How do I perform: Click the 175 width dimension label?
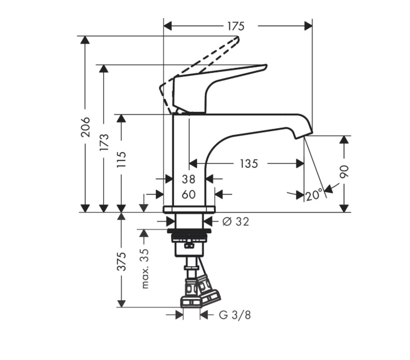coord(235,26)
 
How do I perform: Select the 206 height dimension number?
coord(85,127)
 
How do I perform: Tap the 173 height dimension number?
coord(104,142)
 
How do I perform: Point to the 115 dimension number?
coord(121,159)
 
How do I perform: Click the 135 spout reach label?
coord(249,164)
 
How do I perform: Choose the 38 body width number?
coord(189,179)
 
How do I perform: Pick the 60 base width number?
coord(189,194)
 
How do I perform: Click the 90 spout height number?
coord(344,171)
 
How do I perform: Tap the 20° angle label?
coord(314,194)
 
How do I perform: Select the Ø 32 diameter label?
coord(235,222)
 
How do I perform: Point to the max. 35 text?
coord(145,268)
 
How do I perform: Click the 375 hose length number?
coord(121,261)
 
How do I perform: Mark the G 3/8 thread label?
coord(235,315)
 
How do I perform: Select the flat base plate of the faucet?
coord(189,209)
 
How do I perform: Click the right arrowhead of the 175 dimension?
coord(308,26)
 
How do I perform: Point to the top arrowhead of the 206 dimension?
coord(85,40)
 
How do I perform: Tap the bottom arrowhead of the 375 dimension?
coord(121,303)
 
